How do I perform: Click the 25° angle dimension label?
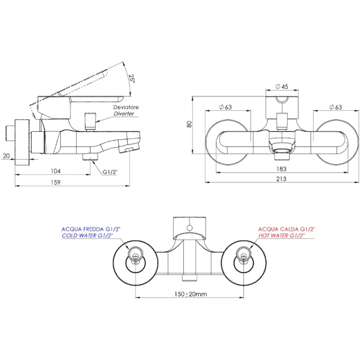pyautogui.click(x=132, y=78)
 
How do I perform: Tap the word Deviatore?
pyautogui.click(x=126, y=107)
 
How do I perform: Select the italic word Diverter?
pyautogui.click(x=124, y=113)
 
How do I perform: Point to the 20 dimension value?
pyautogui.click(x=6, y=156)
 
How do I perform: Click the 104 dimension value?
pyautogui.click(x=56, y=171)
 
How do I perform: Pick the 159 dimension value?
pyautogui.click(x=56, y=183)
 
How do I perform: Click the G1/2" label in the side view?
pyautogui.click(x=110, y=172)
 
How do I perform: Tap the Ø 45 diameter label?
pyautogui.click(x=281, y=87)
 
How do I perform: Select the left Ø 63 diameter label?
pyautogui.click(x=226, y=107)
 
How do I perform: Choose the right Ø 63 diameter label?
pyautogui.click(x=335, y=107)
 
